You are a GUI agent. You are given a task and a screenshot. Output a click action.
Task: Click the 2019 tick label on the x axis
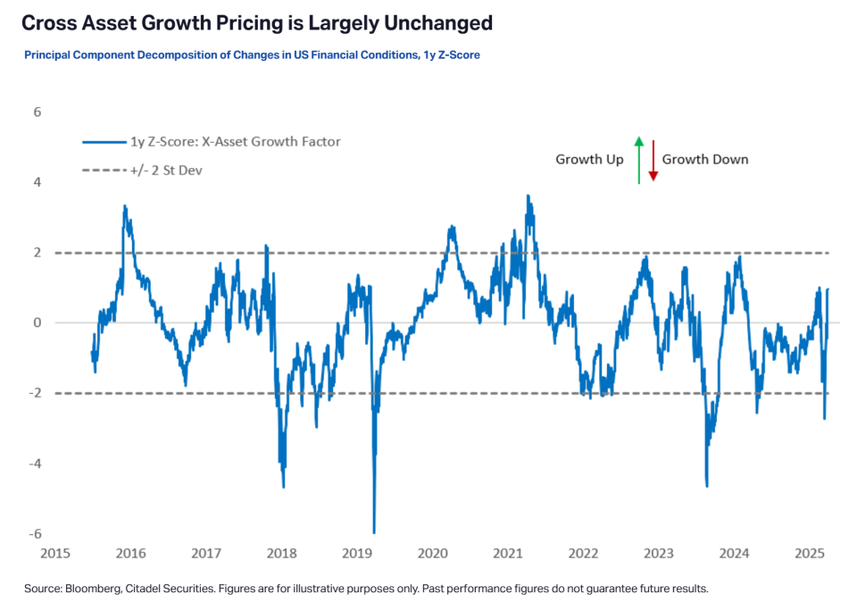357,554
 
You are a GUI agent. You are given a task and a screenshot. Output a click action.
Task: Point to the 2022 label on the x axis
583,554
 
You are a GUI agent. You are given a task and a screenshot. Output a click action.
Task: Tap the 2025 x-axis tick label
809,554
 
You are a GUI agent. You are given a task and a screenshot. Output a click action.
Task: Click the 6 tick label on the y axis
37,113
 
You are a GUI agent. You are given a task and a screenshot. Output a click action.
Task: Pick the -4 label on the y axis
35,464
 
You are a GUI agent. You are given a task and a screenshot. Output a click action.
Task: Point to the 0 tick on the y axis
37,323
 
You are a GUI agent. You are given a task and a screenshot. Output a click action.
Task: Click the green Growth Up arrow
638,160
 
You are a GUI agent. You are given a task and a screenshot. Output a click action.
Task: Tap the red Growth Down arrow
653,160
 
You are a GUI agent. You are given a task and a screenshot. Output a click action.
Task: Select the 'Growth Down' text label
705,160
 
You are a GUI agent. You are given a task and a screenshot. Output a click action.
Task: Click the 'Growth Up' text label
589,160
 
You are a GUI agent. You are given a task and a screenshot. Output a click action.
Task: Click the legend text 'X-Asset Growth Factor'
259,141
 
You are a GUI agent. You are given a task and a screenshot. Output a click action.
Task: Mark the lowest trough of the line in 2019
373,532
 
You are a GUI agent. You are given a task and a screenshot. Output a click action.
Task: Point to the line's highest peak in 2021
528,196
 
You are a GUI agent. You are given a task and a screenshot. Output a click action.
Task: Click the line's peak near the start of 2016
125,206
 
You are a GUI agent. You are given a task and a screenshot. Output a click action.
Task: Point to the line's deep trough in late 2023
707,486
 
